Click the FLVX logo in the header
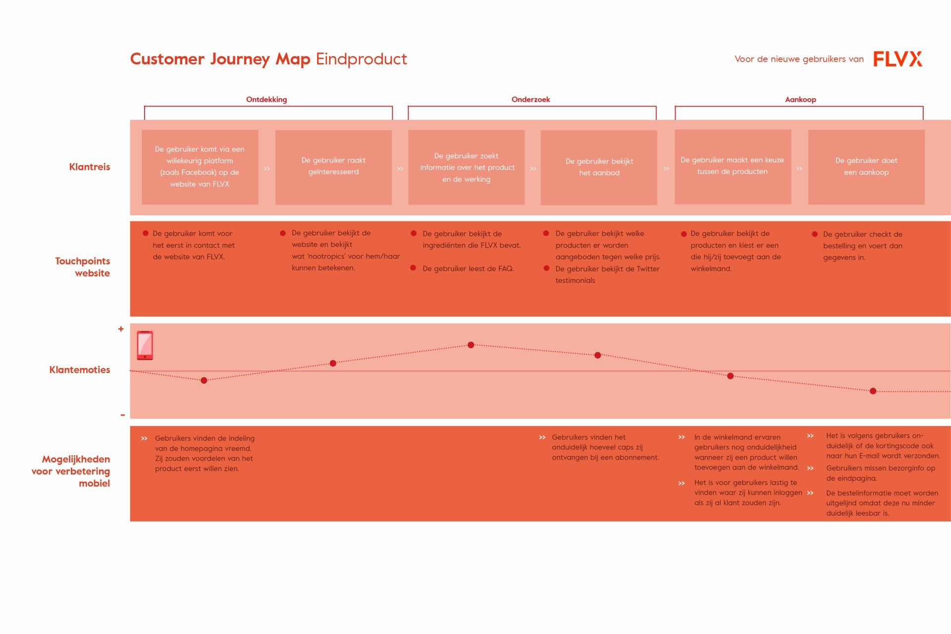click(x=898, y=58)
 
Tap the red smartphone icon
click(x=145, y=345)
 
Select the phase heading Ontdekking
click(x=266, y=99)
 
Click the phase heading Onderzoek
click(x=530, y=99)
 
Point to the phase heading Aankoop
click(x=800, y=99)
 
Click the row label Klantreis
click(x=90, y=166)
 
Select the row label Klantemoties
click(x=80, y=370)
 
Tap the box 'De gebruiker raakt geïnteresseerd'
click(x=333, y=167)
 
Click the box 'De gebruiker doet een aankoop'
click(x=866, y=167)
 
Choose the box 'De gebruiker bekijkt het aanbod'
click(x=599, y=167)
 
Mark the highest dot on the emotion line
click(x=471, y=345)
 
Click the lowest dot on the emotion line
click(x=873, y=391)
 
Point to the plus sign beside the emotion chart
click(x=121, y=329)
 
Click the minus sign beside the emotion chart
click(x=122, y=415)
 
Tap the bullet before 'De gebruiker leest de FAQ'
click(x=413, y=268)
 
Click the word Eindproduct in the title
click(x=362, y=59)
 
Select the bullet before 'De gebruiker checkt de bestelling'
click(x=815, y=234)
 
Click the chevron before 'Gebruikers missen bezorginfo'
click(x=810, y=468)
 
